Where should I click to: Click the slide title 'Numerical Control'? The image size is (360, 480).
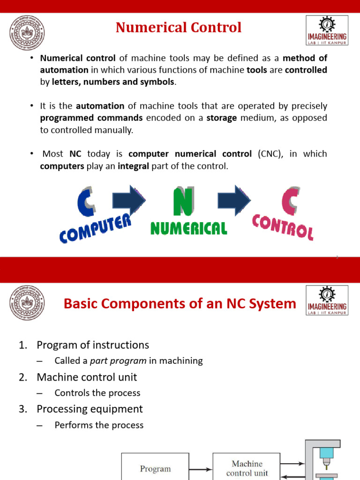click(x=179, y=28)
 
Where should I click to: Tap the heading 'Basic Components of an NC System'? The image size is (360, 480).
click(x=180, y=304)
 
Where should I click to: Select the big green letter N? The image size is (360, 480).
click(x=183, y=202)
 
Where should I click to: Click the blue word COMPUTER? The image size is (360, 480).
click(x=95, y=228)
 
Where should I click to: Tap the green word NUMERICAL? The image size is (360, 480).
click(x=188, y=228)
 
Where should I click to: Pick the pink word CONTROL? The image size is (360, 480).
click(x=283, y=227)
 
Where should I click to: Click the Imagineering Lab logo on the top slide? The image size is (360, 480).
click(x=327, y=30)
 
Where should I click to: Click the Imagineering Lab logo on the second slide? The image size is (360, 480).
click(x=327, y=302)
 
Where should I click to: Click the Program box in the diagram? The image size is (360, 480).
click(x=155, y=468)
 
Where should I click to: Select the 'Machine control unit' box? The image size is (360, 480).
click(x=247, y=467)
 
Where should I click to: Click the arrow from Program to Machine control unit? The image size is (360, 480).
click(x=201, y=468)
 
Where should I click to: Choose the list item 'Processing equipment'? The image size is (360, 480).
click(x=90, y=409)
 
